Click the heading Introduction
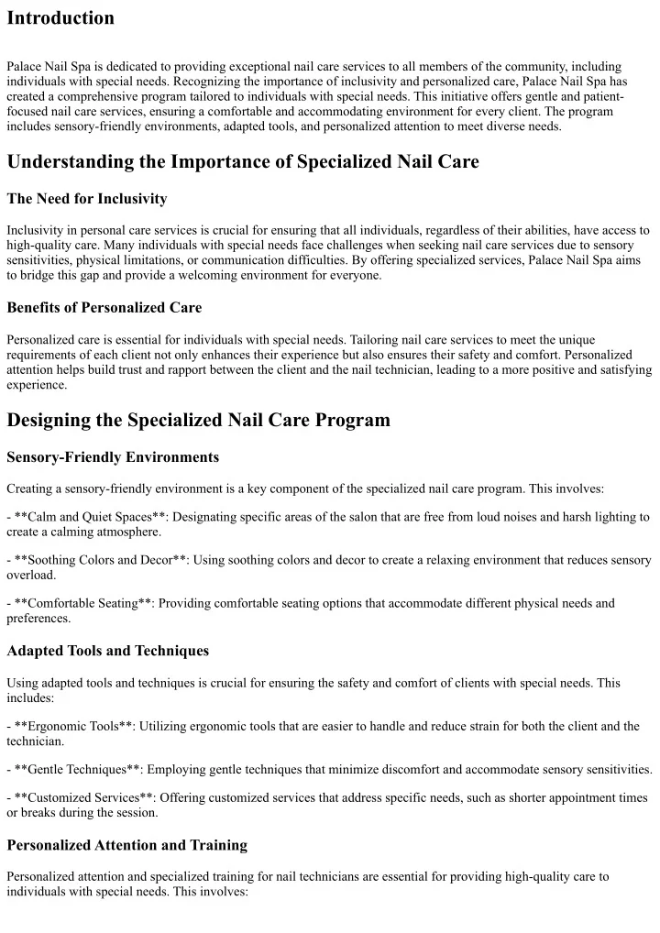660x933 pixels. [x=60, y=18]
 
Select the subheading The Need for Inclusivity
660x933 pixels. [x=87, y=198]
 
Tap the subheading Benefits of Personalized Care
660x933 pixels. [x=104, y=307]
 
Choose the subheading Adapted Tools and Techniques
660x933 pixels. [x=107, y=651]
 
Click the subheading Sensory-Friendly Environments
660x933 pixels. [x=113, y=456]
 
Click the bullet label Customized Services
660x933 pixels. [x=80, y=797]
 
